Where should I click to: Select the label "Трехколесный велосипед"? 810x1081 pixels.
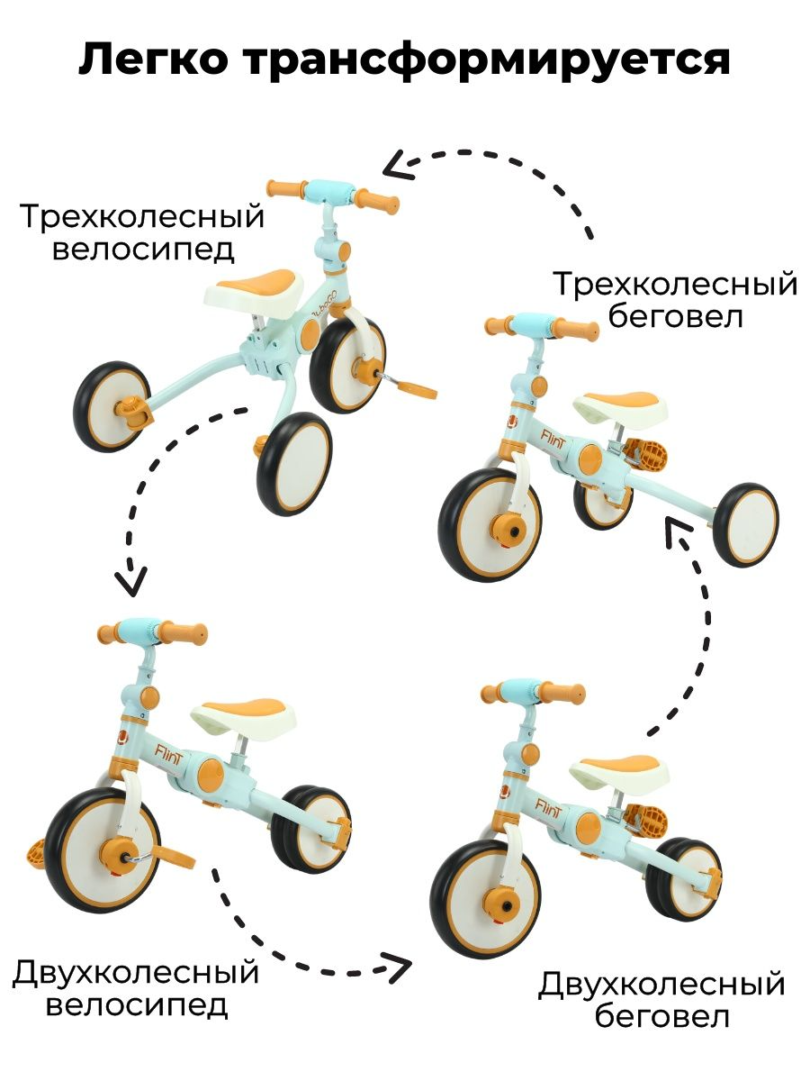tap(143, 232)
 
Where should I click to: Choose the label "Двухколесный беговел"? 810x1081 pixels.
tap(661, 1000)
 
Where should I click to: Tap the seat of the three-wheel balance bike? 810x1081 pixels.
tap(625, 405)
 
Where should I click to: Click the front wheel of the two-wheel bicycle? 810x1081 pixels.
tap(103, 848)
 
